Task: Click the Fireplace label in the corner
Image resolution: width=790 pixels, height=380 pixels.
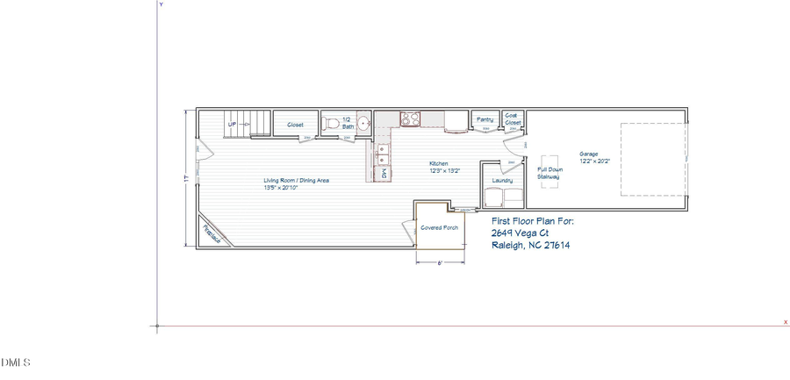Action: (212, 235)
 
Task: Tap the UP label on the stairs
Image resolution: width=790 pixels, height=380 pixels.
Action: (233, 125)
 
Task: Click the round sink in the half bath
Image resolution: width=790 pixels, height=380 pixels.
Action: (363, 125)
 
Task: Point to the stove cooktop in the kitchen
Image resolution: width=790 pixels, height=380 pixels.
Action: (410, 118)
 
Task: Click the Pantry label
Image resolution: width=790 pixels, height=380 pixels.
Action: (485, 119)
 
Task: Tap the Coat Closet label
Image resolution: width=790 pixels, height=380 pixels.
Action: (513, 118)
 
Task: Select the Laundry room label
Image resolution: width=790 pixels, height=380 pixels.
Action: (502, 181)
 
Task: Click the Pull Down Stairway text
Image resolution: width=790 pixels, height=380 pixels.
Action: (549, 173)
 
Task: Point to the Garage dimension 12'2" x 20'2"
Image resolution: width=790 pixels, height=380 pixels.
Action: (594, 161)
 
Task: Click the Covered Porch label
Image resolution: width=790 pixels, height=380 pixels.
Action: (439, 227)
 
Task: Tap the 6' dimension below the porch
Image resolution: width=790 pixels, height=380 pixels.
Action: (440, 262)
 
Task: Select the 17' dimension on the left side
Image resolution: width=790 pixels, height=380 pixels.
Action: (186, 178)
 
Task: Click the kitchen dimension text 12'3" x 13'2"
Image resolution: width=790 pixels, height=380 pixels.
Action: (445, 171)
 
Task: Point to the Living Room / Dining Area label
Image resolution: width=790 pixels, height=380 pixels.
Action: (297, 181)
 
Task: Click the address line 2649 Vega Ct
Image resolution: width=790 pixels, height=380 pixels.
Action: (520, 233)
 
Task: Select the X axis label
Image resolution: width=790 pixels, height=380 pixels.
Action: (785, 322)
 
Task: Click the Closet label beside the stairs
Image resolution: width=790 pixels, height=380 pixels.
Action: (295, 125)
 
